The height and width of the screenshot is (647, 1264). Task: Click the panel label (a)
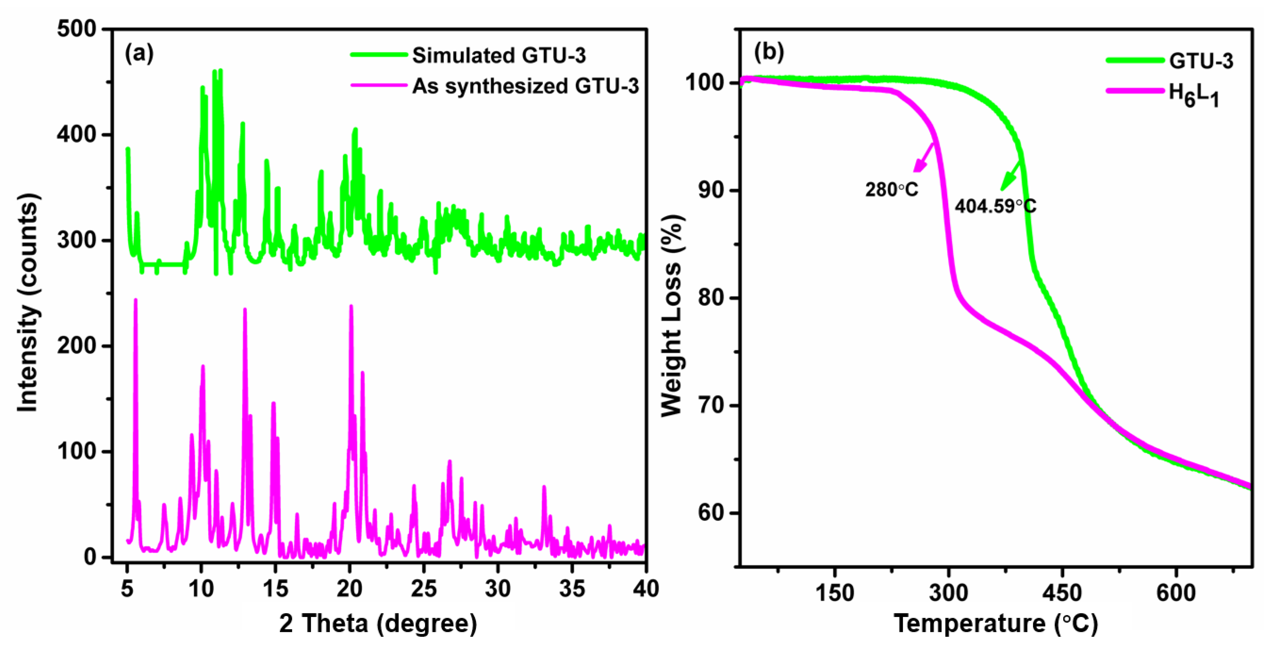(x=139, y=53)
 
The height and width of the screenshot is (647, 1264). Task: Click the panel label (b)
(x=769, y=51)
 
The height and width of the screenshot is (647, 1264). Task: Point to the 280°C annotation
(x=891, y=189)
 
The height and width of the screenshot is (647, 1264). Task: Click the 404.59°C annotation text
(x=996, y=206)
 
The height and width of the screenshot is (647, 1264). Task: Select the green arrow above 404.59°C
(x=1010, y=176)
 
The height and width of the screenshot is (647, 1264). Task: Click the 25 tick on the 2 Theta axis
(x=423, y=588)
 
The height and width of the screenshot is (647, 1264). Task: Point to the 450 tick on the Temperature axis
(x=1062, y=593)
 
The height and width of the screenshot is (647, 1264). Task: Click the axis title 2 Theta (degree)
(x=378, y=623)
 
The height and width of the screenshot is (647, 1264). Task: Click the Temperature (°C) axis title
(x=996, y=623)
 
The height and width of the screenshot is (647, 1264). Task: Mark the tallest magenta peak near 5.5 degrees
(x=136, y=300)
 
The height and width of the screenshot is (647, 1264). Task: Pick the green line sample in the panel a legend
(x=379, y=55)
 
